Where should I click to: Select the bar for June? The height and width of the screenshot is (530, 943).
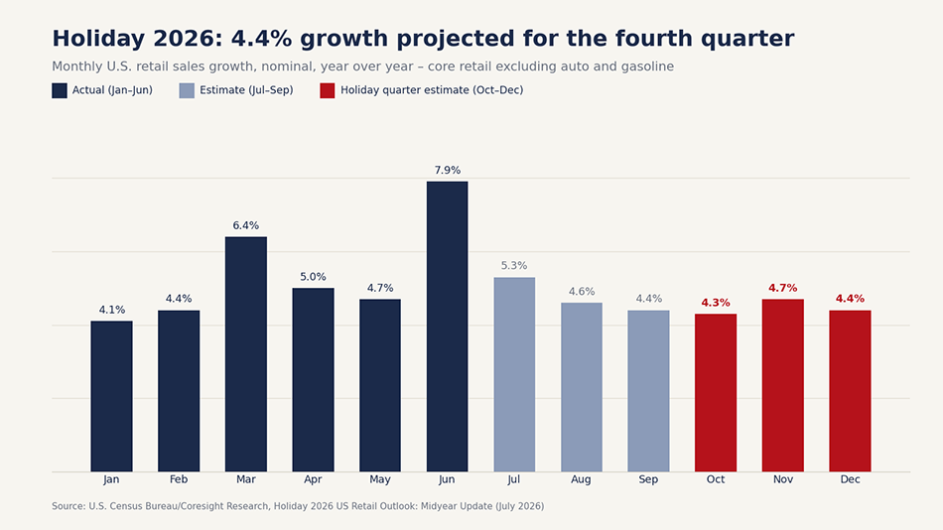447,327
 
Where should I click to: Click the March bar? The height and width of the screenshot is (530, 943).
246,353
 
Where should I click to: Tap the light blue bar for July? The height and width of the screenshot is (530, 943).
514,374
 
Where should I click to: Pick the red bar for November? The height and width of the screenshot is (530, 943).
782,385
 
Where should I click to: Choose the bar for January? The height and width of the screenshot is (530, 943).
112,396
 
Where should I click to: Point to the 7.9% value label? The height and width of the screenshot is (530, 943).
448,171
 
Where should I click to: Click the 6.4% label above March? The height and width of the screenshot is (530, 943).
246,225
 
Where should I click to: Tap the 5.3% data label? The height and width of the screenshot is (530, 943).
514,265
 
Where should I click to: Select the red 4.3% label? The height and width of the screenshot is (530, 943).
716,303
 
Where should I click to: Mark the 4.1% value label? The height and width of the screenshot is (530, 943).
112,310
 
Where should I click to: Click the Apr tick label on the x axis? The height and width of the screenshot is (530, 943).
313,479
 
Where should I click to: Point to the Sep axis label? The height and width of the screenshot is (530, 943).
648,479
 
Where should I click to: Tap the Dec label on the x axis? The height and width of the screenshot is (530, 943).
850,479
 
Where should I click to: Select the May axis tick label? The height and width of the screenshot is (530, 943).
380,479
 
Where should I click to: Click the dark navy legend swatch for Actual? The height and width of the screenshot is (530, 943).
60,91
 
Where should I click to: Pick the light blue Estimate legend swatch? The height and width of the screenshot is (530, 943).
187,91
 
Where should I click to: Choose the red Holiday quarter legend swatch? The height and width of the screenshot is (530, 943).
328,91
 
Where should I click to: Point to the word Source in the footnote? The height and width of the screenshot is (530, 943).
67,506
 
